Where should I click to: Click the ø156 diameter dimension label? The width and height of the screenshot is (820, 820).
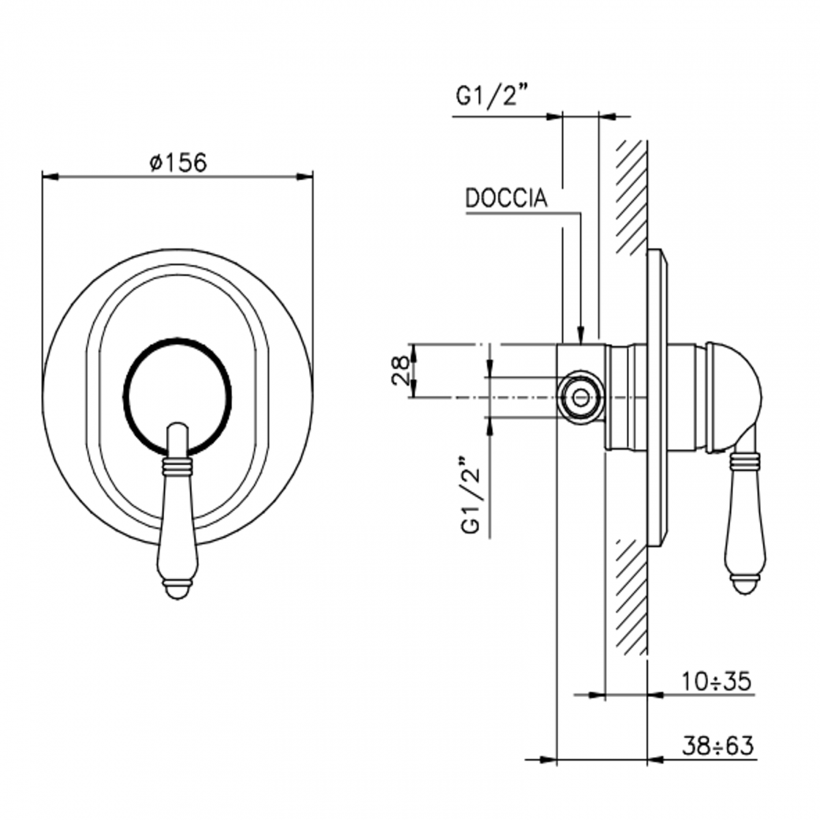coord(178,163)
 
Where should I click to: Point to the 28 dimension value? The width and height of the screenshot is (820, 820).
coord(401,370)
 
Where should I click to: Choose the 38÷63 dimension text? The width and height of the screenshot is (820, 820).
coord(718,746)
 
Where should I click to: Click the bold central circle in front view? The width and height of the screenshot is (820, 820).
coord(177,397)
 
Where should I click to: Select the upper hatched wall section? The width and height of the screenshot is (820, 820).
coord(631,196)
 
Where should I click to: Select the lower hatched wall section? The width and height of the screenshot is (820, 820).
coord(631,599)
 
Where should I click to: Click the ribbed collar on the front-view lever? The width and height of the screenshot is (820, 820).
coord(177,467)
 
